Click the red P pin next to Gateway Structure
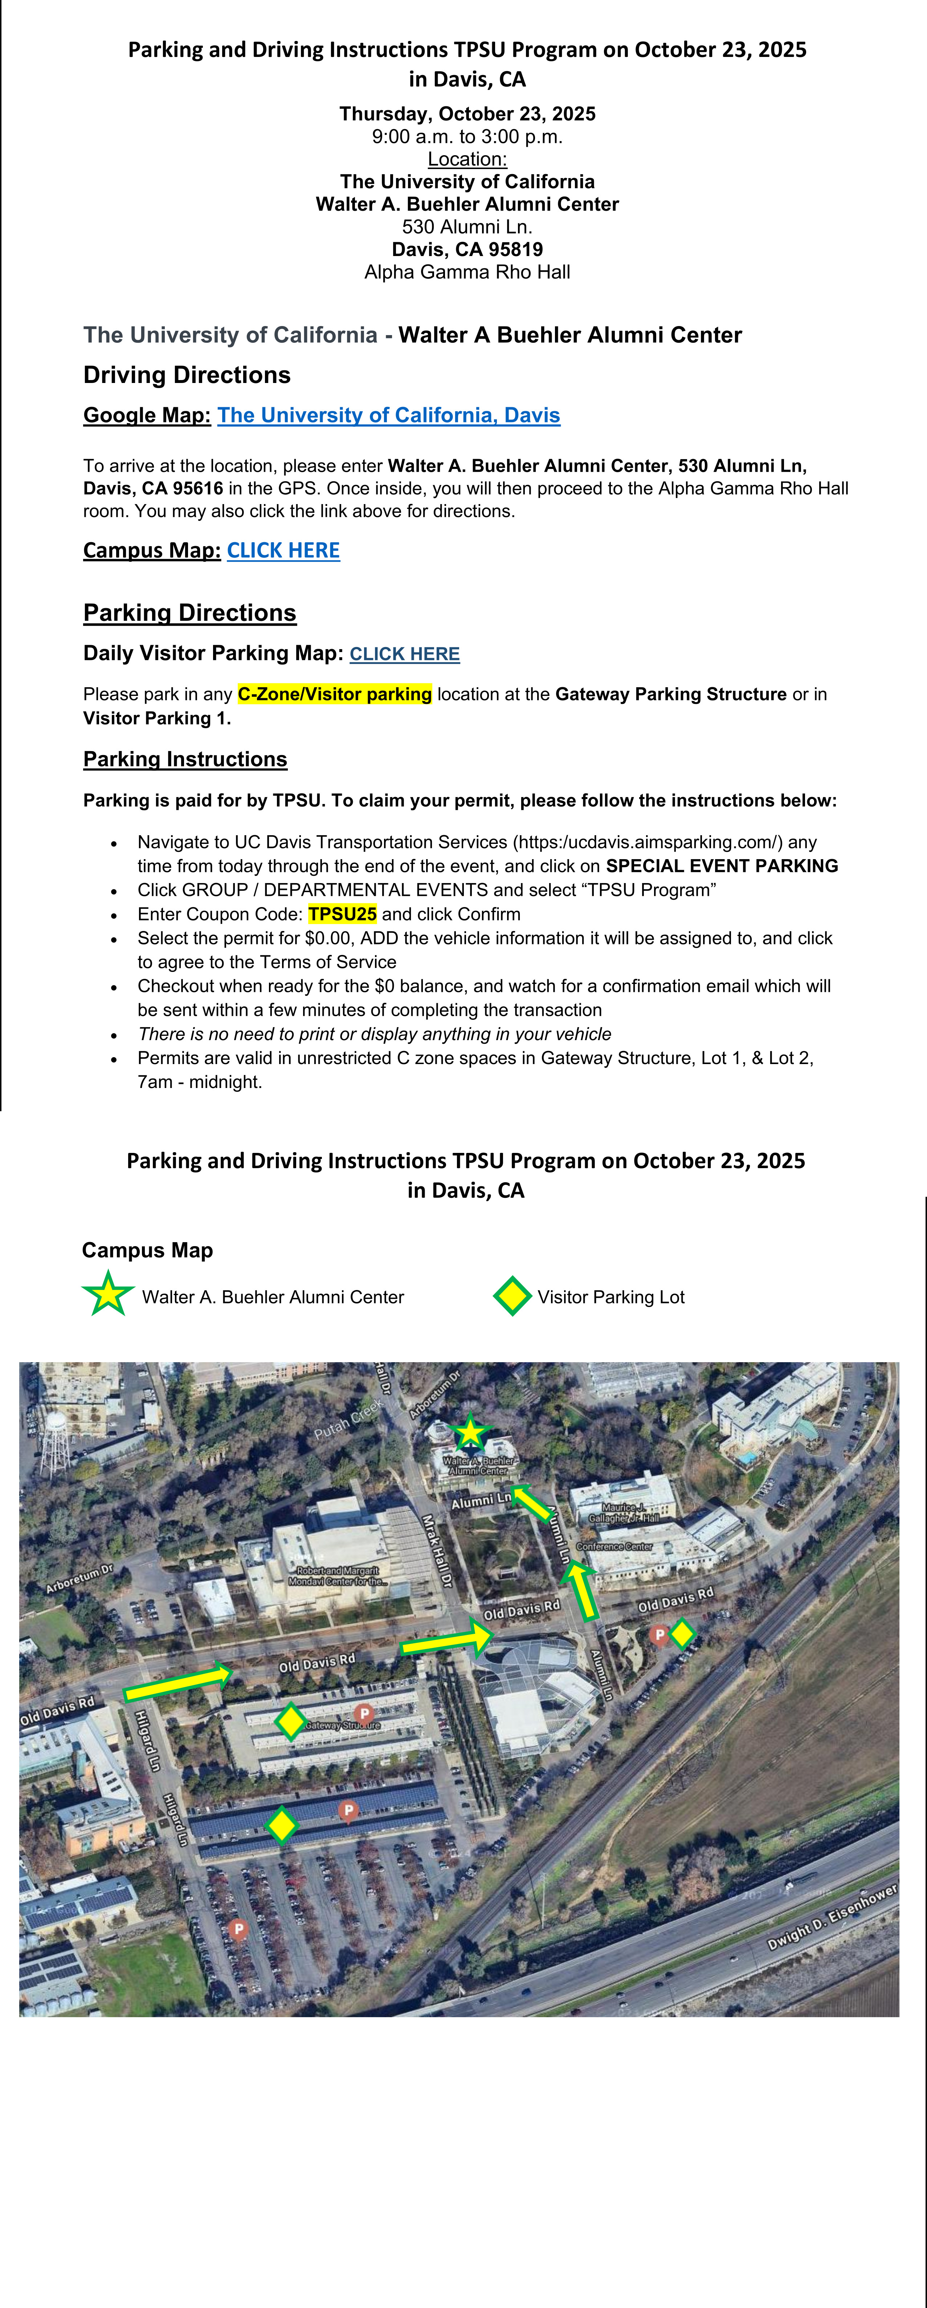click(364, 1713)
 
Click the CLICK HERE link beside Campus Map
click(283, 550)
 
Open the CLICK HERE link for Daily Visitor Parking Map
click(404, 654)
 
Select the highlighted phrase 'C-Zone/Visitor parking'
click(334, 695)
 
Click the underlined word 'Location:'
click(467, 160)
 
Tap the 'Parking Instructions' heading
click(185, 759)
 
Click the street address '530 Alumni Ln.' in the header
click(467, 227)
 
